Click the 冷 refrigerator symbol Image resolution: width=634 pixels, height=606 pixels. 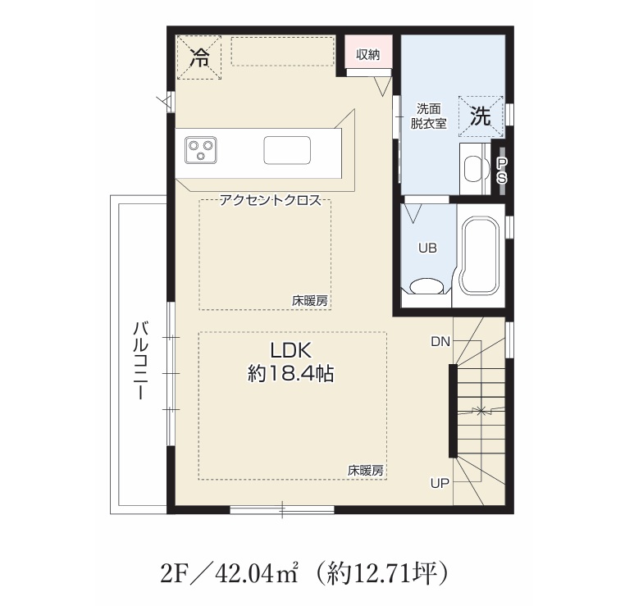(199, 57)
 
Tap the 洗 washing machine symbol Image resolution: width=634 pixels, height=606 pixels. (481, 116)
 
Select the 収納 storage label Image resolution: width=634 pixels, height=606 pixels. (368, 55)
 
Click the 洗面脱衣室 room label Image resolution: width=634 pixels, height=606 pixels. (429, 116)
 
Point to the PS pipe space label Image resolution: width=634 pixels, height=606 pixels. (502, 171)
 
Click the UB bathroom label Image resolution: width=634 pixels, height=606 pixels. (428, 248)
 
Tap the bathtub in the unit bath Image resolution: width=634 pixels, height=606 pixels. (480, 256)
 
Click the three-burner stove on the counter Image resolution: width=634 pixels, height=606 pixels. (201, 150)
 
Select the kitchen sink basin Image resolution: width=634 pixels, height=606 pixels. (288, 150)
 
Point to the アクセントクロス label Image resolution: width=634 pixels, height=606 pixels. (270, 200)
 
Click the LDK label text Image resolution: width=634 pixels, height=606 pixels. (290, 350)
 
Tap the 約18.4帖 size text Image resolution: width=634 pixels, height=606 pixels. (290, 375)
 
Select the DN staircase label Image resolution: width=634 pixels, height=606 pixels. (440, 342)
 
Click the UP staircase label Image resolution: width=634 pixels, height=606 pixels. (440, 483)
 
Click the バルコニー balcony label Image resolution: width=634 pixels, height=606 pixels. (141, 361)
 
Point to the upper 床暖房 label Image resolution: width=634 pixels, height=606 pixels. (310, 301)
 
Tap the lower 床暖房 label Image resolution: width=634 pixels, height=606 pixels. (365, 471)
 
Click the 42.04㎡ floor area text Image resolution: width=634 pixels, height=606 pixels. (258, 573)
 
